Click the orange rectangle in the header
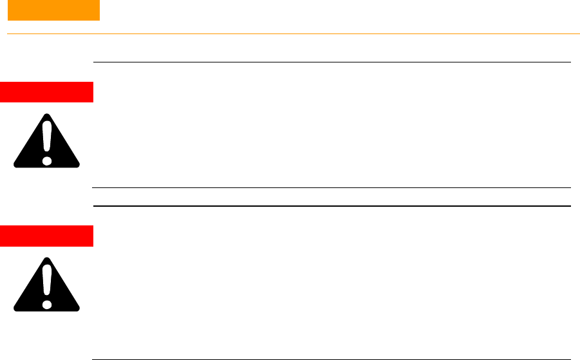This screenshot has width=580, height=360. tap(53, 10)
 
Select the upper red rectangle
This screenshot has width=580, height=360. tap(47, 92)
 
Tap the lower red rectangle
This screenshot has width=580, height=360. tap(47, 236)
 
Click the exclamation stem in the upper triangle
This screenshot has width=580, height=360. tap(46, 138)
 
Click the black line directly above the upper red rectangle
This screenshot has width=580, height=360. tap(332, 62)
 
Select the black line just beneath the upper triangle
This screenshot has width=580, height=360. tap(332, 188)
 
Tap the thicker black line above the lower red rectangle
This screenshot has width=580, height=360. tap(332, 206)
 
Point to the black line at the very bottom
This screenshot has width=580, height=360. tap(332, 358)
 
